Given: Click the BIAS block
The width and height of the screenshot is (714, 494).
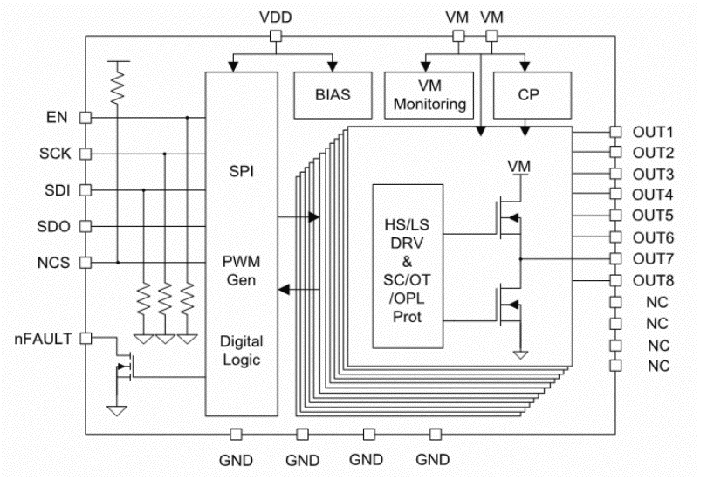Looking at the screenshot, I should [333, 94].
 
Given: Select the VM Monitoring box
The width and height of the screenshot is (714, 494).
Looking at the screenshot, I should [429, 95].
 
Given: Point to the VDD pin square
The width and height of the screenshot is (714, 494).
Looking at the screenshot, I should [276, 36].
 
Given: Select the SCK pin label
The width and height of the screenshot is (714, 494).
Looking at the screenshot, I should [53, 154].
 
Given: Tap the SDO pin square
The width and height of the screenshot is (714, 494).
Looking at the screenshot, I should [86, 226].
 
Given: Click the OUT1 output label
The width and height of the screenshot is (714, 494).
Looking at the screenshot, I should [653, 132].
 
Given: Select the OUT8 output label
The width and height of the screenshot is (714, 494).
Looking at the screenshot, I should [653, 281].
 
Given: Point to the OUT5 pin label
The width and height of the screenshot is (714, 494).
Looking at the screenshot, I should [653, 216].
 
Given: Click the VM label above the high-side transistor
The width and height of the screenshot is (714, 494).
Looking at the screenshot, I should [518, 166].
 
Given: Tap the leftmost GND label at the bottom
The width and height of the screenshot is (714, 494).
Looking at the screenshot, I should [236, 459].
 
